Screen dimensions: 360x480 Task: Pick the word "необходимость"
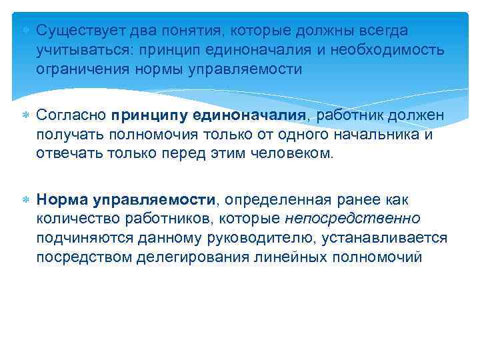(x=386, y=50)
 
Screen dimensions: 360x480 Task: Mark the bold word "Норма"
(x=61, y=199)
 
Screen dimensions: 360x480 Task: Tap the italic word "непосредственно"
(x=362, y=219)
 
